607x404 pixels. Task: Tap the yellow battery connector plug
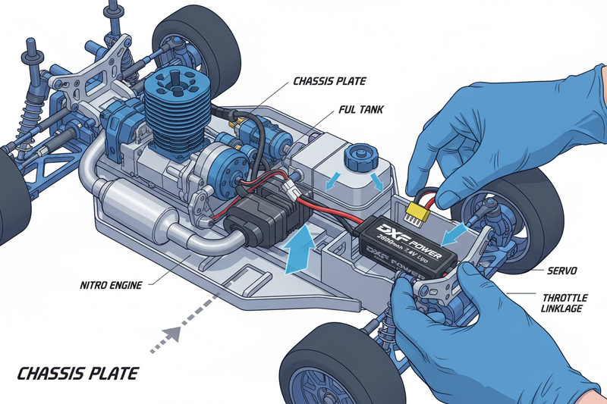pyautogui.click(x=417, y=212)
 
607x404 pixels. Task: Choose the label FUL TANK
pyautogui.click(x=362, y=110)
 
